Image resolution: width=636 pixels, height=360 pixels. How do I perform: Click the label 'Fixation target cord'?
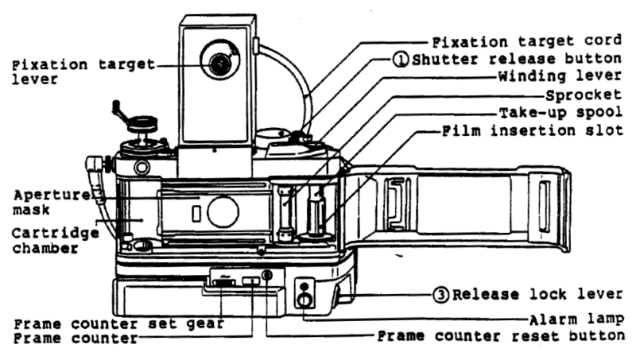click(x=525, y=41)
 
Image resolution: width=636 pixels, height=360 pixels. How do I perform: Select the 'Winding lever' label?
click(x=548, y=78)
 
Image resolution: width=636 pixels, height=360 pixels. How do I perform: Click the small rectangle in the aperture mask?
click(x=195, y=213)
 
